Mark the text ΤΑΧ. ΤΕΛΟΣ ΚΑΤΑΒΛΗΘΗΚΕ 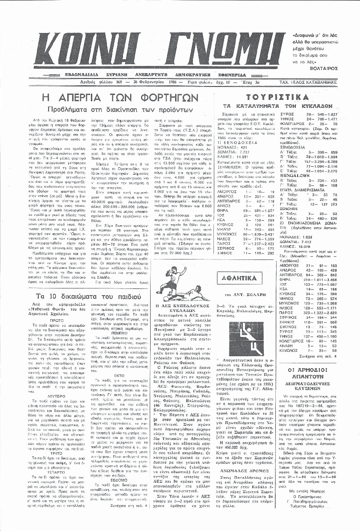pos(319,82)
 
